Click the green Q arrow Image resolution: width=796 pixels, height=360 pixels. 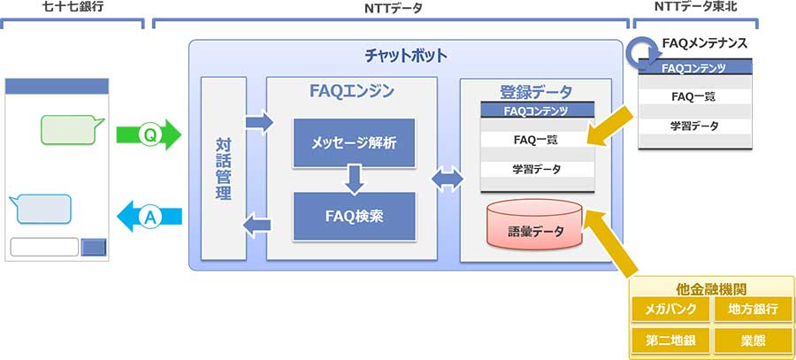(148, 135)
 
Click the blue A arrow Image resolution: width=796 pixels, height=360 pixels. (149, 215)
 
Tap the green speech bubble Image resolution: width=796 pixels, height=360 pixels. (70, 129)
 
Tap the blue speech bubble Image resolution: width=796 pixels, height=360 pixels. (42, 209)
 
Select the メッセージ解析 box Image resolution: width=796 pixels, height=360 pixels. (354, 142)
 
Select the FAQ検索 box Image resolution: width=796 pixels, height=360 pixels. (354, 215)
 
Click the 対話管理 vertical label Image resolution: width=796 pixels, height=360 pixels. (223, 168)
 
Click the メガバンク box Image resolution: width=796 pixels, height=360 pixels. (670, 310)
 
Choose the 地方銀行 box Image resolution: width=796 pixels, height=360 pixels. (753, 310)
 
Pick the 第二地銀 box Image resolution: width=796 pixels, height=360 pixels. (670, 340)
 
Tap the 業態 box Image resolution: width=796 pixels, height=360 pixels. (753, 340)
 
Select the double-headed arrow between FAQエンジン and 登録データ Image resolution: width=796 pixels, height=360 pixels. (448, 180)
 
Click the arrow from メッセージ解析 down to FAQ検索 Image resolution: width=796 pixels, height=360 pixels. (354, 180)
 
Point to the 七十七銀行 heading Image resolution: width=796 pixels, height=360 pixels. (73, 8)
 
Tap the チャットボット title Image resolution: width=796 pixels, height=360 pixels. (406, 56)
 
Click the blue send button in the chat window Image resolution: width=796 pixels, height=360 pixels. (93, 247)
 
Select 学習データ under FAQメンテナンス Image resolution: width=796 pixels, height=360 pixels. (694, 126)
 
